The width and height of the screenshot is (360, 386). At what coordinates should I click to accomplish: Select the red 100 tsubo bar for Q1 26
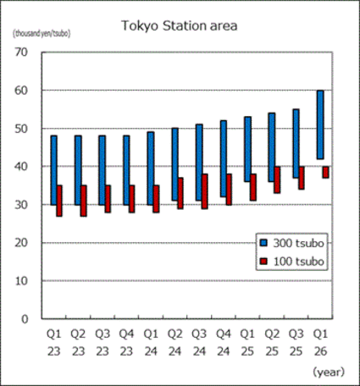coord(326,172)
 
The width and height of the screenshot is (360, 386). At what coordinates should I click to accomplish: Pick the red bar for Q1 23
coord(59,201)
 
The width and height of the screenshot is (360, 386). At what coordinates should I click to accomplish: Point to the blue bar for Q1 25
coord(246,149)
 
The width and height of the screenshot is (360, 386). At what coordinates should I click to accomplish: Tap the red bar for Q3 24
coord(205,191)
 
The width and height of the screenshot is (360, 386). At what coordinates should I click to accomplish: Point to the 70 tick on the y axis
coord(22,52)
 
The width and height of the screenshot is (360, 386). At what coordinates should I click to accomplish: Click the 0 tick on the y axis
coord(25,319)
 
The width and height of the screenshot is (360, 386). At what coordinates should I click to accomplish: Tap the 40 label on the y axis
coord(22,167)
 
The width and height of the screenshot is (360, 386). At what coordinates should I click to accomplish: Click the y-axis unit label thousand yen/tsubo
coord(41,34)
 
